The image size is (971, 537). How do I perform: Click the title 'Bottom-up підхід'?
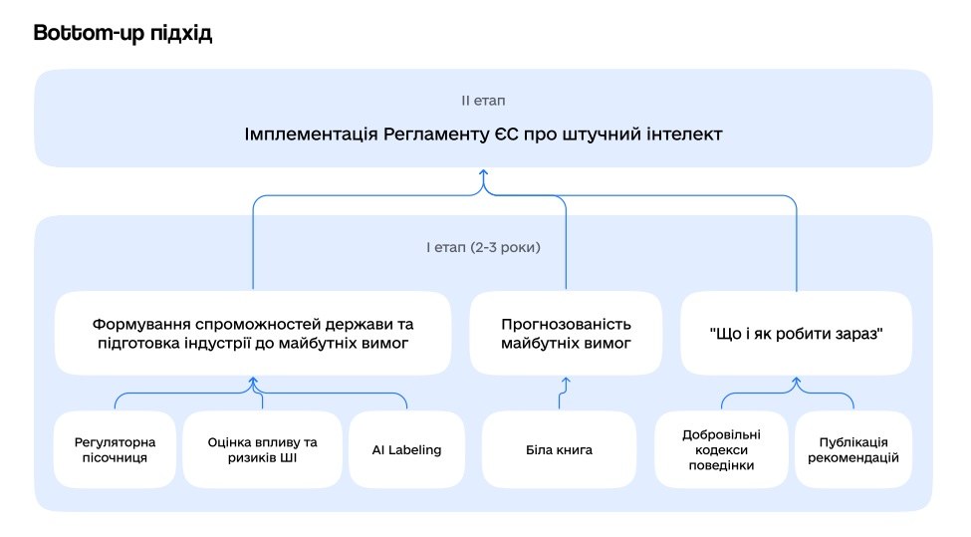tap(122, 33)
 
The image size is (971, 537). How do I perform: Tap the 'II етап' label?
tap(483, 101)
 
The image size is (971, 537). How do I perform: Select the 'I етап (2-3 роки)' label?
tap(483, 247)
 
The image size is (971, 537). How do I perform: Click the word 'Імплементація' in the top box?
tap(311, 134)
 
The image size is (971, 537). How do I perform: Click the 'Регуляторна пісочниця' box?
tap(115, 449)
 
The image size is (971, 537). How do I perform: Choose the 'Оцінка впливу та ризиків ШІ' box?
tap(263, 449)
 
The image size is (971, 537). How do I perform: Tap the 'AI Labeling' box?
tap(407, 449)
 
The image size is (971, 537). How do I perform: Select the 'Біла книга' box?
tap(559, 449)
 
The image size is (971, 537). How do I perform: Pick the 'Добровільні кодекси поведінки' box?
tap(721, 449)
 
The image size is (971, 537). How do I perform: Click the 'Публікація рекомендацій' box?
tap(853, 449)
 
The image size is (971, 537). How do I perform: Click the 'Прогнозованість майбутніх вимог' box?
tap(566, 333)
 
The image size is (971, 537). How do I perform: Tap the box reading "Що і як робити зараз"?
tap(797, 333)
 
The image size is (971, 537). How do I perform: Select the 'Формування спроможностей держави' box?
tap(253, 333)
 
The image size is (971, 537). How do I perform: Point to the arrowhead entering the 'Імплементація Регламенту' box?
tap(484, 172)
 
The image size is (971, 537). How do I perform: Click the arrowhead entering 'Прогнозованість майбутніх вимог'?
tap(566, 381)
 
